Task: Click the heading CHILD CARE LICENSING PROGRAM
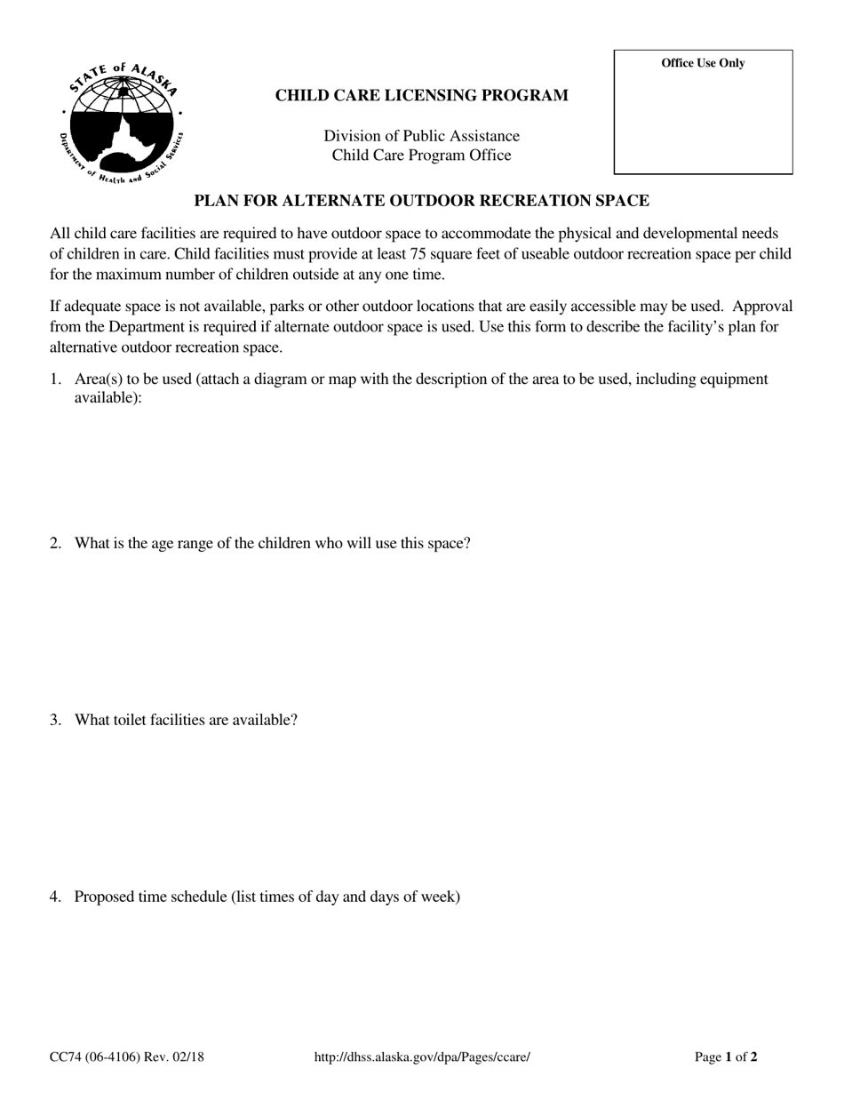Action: click(x=421, y=96)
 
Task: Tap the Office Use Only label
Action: click(x=703, y=63)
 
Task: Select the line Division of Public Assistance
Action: click(x=421, y=136)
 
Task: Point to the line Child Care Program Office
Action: click(x=421, y=156)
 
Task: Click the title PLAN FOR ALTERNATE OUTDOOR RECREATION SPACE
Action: click(x=421, y=201)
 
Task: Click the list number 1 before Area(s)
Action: click(x=55, y=379)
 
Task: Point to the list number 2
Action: click(x=55, y=543)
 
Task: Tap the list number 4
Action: click(x=55, y=897)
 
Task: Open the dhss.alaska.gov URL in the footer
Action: click(x=422, y=1057)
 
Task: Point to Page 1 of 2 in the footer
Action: click(x=726, y=1057)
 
